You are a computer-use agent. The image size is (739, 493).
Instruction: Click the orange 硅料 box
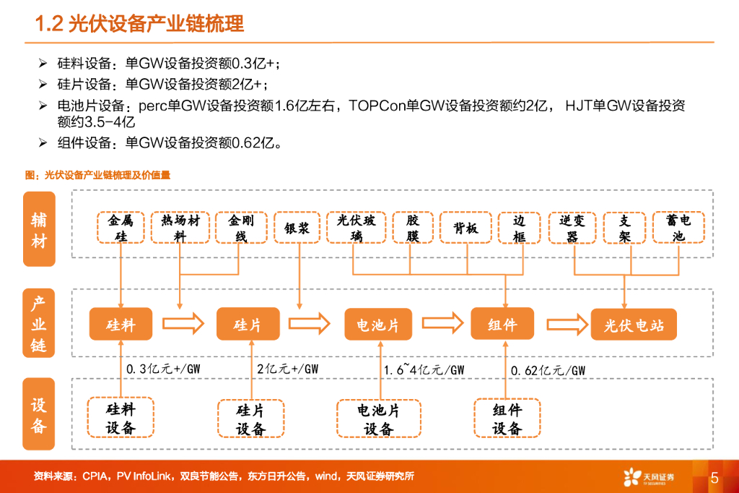[x=121, y=324]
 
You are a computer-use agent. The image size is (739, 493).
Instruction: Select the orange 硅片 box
[x=248, y=324]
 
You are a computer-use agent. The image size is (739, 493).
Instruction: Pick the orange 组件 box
[x=502, y=324]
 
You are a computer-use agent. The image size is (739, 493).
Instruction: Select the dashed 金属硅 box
[x=121, y=228]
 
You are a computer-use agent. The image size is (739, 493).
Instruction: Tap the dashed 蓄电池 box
[x=678, y=228]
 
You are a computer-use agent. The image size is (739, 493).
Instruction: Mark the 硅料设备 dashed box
[x=121, y=418]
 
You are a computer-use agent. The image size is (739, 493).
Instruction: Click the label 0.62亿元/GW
[x=548, y=370]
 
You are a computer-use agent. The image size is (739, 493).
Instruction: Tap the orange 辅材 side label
[x=39, y=231]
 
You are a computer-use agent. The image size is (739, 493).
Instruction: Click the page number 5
[x=714, y=477]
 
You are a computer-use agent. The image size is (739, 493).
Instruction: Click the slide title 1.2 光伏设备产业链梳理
[x=140, y=24]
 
